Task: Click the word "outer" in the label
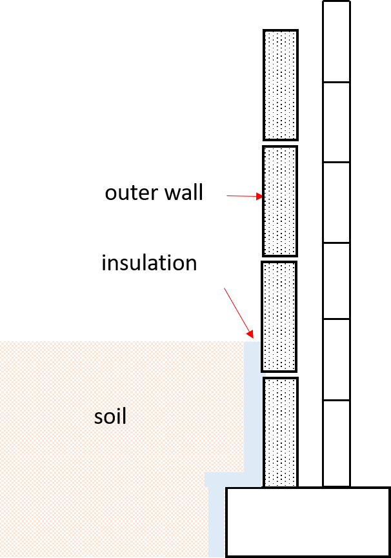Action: pos(130,194)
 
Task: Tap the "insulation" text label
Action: pos(149,263)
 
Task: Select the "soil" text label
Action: pos(110,416)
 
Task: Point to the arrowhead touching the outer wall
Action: pos(260,197)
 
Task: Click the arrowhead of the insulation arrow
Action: pos(250,334)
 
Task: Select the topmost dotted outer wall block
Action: pos(281,85)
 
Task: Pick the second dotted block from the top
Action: pos(280,201)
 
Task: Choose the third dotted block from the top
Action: pos(279,317)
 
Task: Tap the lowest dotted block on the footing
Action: pos(281,432)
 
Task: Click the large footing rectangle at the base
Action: pos(308,522)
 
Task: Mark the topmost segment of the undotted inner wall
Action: pos(337,42)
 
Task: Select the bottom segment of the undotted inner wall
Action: pos(337,443)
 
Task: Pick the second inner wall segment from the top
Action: pos(337,123)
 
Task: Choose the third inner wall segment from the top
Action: pos(337,203)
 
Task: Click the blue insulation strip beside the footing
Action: pos(217,522)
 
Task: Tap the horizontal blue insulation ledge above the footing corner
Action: pos(233,480)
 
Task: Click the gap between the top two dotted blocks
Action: pos(281,143)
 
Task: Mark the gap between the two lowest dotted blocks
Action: pos(280,375)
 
